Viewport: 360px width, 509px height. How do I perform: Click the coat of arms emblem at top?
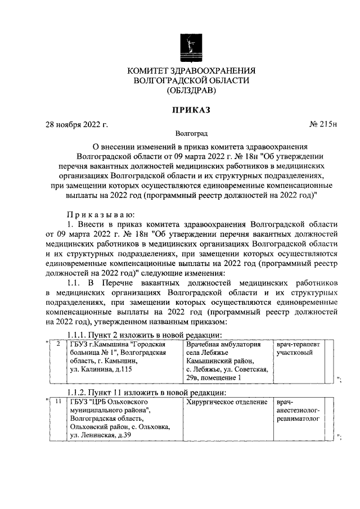pyautogui.click(x=191, y=47)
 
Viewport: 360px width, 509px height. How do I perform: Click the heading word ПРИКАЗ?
pyautogui.click(x=191, y=110)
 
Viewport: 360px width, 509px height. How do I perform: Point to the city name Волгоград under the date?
pyautogui.click(x=191, y=134)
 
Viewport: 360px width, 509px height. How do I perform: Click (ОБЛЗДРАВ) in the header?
pyautogui.click(x=191, y=90)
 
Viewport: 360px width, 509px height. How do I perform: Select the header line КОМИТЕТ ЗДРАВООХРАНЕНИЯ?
pyautogui.click(x=191, y=71)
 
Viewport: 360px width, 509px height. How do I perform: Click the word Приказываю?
pyautogui.click(x=100, y=214)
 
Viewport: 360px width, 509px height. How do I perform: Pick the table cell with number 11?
pyautogui.click(x=58, y=403)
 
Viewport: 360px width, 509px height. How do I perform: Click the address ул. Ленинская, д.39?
pyautogui.click(x=101, y=435)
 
